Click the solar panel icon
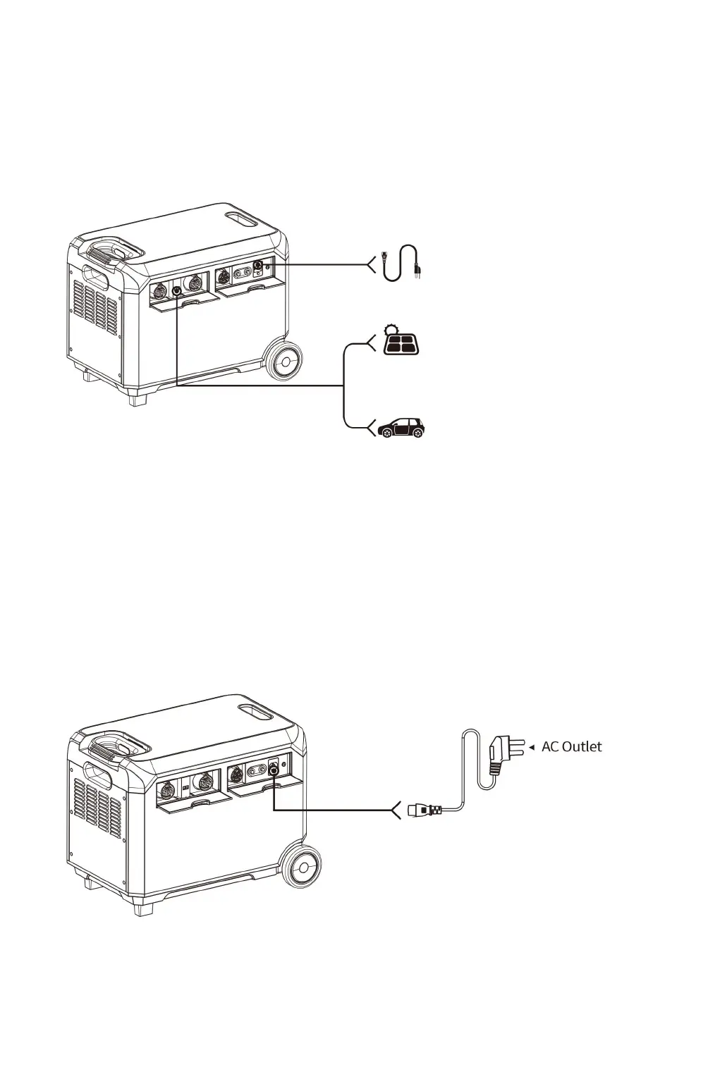tap(400, 342)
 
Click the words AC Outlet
tap(571, 747)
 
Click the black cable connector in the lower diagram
tap(425, 810)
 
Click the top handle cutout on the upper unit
tap(243, 220)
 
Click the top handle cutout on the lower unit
tap(258, 714)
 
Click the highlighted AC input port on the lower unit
tap(274, 772)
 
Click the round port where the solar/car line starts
tap(177, 289)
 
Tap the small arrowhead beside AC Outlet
tap(532, 747)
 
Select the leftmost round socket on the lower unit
tap(169, 782)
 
